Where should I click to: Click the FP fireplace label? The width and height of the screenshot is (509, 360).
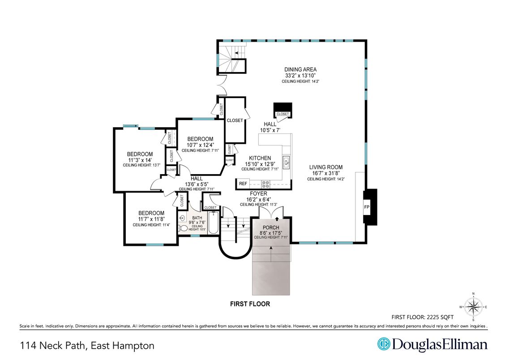click(367, 207)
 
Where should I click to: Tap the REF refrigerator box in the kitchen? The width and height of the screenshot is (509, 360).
click(243, 184)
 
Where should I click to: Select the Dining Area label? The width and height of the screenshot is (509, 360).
click(300, 69)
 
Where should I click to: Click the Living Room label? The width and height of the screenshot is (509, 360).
click(325, 167)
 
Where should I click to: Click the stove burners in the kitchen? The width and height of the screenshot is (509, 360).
click(265, 184)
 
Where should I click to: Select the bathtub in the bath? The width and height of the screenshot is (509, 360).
click(213, 223)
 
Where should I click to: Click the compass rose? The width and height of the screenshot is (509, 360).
click(473, 307)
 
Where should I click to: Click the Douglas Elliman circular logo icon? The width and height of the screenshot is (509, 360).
click(384, 344)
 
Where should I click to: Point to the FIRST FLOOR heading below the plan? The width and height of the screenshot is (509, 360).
click(250, 304)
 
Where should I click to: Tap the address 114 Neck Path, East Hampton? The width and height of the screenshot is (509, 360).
click(87, 346)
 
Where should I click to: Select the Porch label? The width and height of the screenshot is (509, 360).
click(271, 227)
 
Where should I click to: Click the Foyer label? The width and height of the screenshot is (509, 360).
click(258, 194)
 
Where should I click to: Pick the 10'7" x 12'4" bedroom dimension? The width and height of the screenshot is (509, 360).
click(200, 145)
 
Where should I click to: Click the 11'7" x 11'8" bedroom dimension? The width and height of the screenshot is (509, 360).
click(151, 219)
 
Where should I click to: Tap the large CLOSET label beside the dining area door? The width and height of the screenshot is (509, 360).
click(235, 120)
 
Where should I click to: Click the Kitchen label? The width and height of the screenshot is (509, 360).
click(260, 158)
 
